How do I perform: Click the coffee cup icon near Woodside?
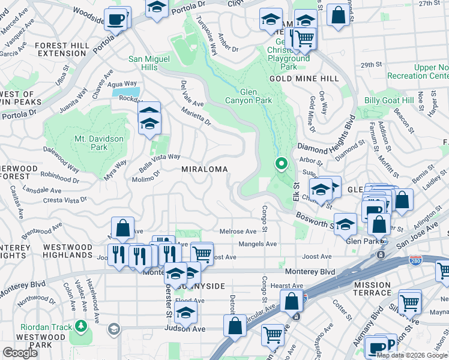tap(116, 19)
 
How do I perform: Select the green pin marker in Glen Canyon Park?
tap(281, 163)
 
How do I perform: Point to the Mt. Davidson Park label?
tap(99, 143)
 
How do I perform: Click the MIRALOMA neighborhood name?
tap(205, 170)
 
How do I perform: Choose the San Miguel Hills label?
tap(150, 64)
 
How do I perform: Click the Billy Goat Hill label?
tap(389, 100)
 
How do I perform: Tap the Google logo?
tap(20, 353)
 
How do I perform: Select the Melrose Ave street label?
tap(238, 232)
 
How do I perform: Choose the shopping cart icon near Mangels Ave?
tap(202, 253)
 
